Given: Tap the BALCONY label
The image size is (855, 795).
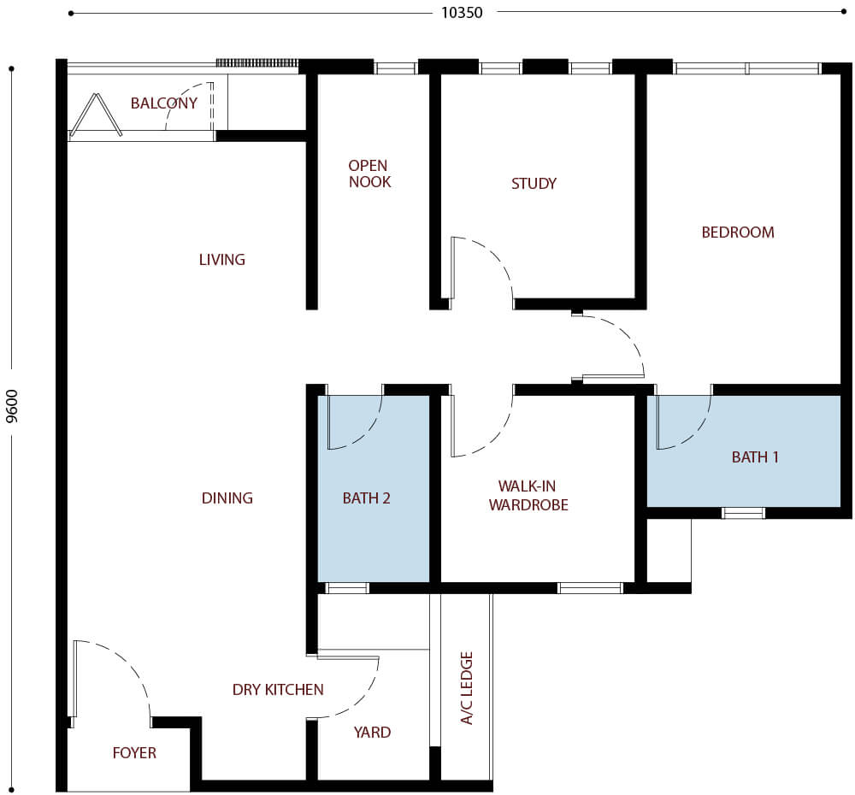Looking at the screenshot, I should click(x=164, y=103).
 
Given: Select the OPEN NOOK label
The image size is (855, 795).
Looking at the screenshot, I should click(x=369, y=174).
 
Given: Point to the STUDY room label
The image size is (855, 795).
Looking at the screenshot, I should click(x=534, y=183).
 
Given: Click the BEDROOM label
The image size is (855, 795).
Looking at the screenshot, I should click(x=738, y=232).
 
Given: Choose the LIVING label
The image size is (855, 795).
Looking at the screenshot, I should click(x=221, y=259).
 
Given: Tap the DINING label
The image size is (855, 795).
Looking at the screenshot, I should click(x=227, y=498).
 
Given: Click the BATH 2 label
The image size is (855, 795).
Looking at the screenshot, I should click(x=367, y=498).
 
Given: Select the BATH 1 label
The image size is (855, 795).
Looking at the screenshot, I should click(x=755, y=457).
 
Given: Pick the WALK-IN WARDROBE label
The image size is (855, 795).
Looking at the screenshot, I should click(x=528, y=497).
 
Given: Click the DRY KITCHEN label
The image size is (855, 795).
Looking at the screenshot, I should click(x=278, y=689).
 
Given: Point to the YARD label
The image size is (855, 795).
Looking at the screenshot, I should click(x=372, y=732).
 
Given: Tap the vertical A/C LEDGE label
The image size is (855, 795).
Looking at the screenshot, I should click(x=467, y=687).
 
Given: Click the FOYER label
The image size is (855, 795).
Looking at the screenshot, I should click(x=134, y=752).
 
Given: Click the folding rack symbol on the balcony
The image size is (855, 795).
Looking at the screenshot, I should click(x=95, y=116).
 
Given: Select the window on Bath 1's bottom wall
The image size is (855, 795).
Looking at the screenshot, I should click(x=743, y=513).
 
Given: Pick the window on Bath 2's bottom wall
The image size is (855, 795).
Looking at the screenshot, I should click(x=348, y=588).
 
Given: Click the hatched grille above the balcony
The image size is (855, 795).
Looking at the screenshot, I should click(x=256, y=62).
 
